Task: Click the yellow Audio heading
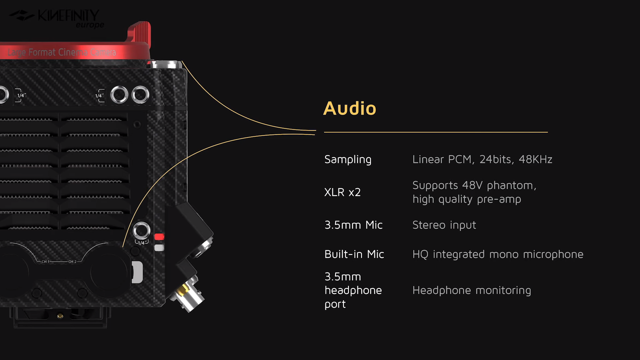[x=349, y=108]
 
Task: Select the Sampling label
[x=347, y=159]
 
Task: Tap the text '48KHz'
[x=535, y=159]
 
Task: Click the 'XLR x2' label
[x=342, y=192]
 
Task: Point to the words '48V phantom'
[x=499, y=186]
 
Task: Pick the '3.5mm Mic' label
[x=353, y=225]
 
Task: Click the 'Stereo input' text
[x=444, y=225]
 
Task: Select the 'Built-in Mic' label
[x=354, y=254]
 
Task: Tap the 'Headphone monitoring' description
[x=471, y=290]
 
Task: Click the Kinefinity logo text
[x=68, y=15]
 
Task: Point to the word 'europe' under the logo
[x=90, y=25]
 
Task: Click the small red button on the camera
[x=159, y=236]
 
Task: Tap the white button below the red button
[x=159, y=247]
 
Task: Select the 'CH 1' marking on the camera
[x=45, y=261]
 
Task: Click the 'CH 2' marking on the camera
[x=72, y=261]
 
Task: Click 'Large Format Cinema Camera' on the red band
[x=61, y=52]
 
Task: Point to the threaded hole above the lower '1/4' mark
[x=141, y=230]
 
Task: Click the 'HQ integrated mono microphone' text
[x=497, y=254]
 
